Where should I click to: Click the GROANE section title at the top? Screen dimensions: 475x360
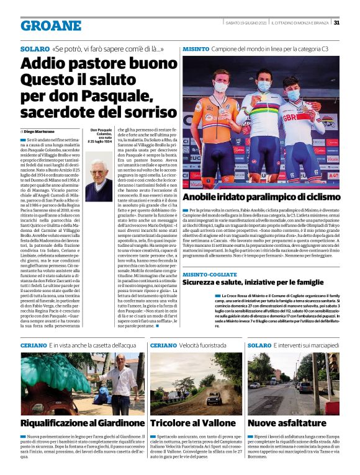tap(51, 25)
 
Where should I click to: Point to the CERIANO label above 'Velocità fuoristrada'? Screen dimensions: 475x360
tap(164, 345)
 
